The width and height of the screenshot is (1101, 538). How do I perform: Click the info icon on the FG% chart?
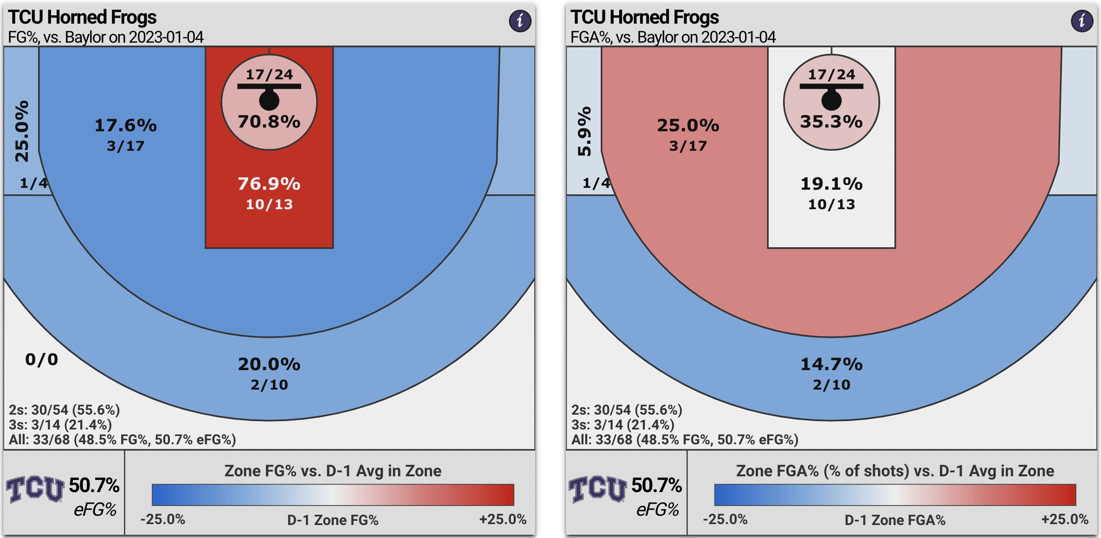(x=520, y=21)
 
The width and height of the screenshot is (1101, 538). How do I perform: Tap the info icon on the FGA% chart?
(x=1082, y=21)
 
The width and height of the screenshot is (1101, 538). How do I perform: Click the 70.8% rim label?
(x=269, y=122)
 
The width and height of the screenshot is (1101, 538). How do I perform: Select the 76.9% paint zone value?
(x=269, y=184)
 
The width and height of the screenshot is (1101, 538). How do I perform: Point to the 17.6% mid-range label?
(x=126, y=125)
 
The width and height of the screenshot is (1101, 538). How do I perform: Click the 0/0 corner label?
(x=42, y=359)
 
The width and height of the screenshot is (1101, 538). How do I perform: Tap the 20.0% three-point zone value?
(x=269, y=364)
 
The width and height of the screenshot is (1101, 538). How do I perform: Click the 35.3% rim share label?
(x=831, y=122)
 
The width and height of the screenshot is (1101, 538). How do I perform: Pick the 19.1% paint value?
(x=831, y=184)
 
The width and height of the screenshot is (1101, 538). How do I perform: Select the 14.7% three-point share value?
(x=831, y=364)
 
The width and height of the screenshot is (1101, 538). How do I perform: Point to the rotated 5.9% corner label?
(x=584, y=131)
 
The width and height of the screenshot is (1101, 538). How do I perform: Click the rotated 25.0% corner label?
(x=22, y=131)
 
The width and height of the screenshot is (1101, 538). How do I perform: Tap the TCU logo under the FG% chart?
(x=35, y=489)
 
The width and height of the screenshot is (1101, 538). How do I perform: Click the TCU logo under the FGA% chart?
(x=598, y=489)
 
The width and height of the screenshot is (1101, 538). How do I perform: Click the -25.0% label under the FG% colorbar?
(x=163, y=519)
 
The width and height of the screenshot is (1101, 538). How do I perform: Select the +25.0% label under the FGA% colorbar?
(x=1065, y=519)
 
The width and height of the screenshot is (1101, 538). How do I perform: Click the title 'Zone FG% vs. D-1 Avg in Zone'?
(x=333, y=471)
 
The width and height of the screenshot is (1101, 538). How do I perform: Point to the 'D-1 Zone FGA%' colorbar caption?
(x=895, y=520)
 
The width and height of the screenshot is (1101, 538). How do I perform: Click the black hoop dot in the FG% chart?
(x=269, y=100)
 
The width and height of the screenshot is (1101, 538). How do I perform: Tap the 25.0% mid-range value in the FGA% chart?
(x=688, y=125)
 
